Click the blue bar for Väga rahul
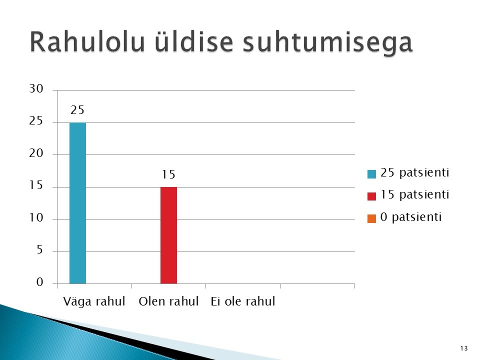[x=78, y=203]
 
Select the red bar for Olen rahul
[x=168, y=235]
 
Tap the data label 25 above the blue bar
[x=77, y=110]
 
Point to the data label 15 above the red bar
[x=168, y=174]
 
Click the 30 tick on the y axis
[x=36, y=89]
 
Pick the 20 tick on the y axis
[x=36, y=153]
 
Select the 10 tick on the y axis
[x=36, y=217]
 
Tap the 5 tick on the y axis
[x=40, y=250]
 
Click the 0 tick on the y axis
[x=40, y=282]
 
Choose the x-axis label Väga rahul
[x=94, y=301]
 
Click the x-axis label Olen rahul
[x=168, y=301]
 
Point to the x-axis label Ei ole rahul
[x=243, y=301]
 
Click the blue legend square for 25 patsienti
[x=371, y=174]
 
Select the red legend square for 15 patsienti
[x=371, y=196]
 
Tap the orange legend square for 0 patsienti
[x=371, y=218]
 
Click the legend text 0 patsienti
[x=411, y=217]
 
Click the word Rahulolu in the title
[x=87, y=42]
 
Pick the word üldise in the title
[x=194, y=42]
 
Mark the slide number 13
[x=464, y=348]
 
